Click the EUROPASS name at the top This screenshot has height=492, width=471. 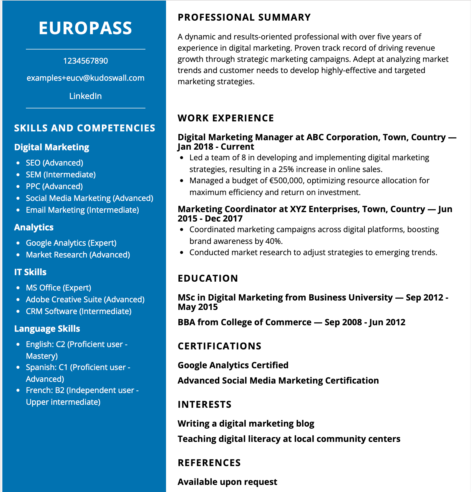click(x=85, y=28)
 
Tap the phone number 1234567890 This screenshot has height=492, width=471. click(x=85, y=61)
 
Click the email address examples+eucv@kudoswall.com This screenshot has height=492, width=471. click(x=85, y=78)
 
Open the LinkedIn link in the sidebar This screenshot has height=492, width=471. click(x=85, y=96)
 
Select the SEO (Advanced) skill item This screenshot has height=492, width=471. click(x=54, y=163)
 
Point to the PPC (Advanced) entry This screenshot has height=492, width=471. click(x=54, y=186)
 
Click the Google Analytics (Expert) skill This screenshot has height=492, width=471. click(x=71, y=243)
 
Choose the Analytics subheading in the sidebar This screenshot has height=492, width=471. click(x=34, y=227)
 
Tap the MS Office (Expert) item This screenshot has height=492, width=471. click(x=58, y=288)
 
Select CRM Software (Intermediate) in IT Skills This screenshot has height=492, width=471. click(x=79, y=311)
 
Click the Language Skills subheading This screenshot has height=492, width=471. click(x=47, y=329)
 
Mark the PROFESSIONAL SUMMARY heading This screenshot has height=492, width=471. click(x=244, y=17)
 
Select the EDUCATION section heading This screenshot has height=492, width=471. click(x=208, y=278)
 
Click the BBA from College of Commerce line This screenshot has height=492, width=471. click(x=291, y=322)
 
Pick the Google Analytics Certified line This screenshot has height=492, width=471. click(x=233, y=365)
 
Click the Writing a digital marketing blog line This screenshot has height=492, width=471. click(x=246, y=424)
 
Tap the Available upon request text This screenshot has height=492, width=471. click(x=227, y=482)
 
